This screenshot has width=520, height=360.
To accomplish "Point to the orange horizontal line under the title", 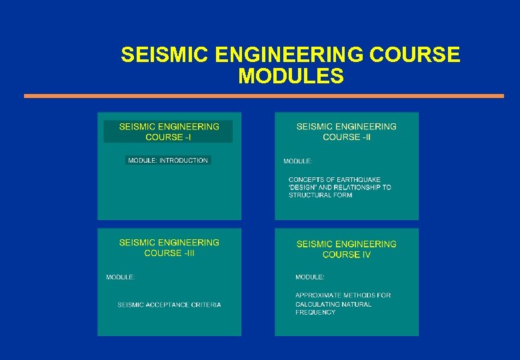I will (x=264, y=96).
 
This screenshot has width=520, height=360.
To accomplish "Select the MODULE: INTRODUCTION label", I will (x=168, y=160).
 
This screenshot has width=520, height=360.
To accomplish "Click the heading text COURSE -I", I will (x=168, y=137).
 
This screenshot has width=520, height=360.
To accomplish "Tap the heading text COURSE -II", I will (x=347, y=137).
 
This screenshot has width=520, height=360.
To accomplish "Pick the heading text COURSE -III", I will (x=169, y=253).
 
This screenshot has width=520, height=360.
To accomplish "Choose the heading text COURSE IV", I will (x=347, y=255).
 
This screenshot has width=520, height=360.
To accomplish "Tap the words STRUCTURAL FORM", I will (x=320, y=195).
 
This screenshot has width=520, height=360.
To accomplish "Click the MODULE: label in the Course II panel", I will (x=297, y=161).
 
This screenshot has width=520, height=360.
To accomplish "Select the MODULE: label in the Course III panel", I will (x=121, y=277).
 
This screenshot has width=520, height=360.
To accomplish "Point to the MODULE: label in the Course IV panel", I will (x=310, y=277).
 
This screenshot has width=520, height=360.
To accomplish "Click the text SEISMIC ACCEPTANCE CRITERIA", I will (x=169, y=305).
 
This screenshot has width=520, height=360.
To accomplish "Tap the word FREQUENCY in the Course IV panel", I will (x=315, y=312).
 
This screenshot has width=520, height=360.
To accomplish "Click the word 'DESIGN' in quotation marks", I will (x=301, y=187).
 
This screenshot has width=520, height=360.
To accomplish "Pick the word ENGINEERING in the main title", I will (x=278, y=55).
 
